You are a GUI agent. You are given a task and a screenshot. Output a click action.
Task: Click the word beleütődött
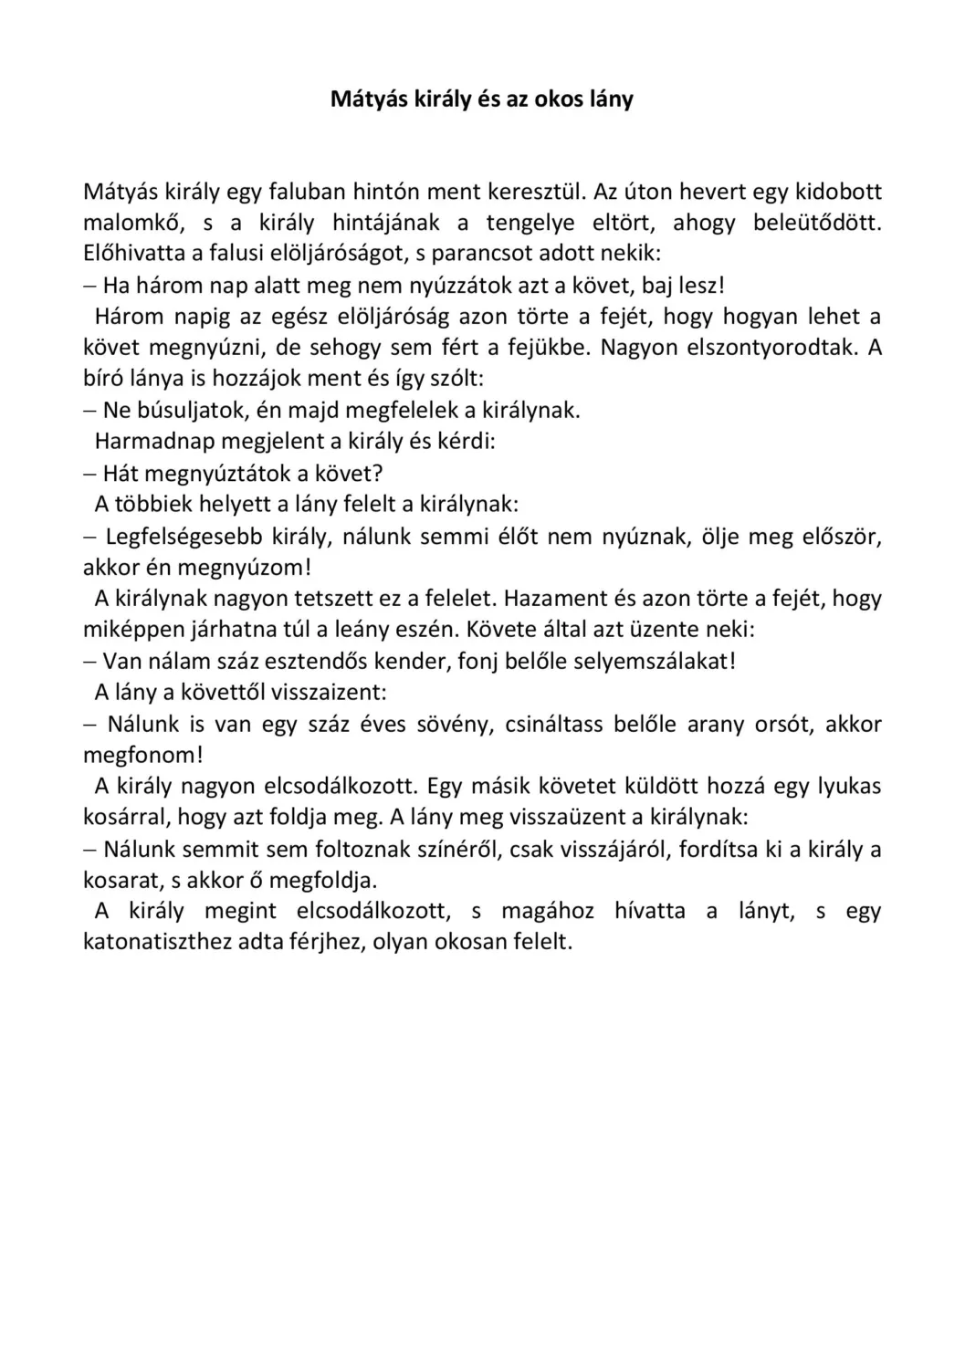[817, 223]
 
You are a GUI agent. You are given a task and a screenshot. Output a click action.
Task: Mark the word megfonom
[141, 756]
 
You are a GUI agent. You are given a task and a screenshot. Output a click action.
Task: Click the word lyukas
[849, 787]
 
